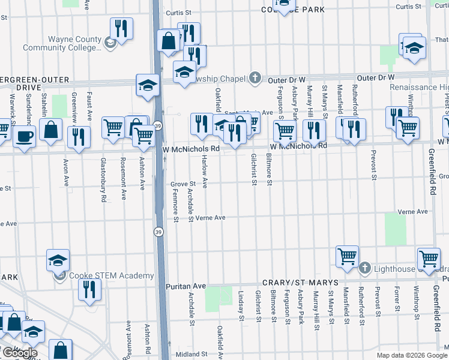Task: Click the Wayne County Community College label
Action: [62, 43]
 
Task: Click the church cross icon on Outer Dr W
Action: [256, 78]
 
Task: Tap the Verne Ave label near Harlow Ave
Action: [210, 218]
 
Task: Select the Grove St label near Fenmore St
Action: [183, 184]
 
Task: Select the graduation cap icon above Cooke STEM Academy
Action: [58, 260]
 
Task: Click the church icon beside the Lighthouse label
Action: [365, 268]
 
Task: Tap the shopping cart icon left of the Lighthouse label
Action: [347, 256]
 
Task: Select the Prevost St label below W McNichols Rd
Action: [373, 164]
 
